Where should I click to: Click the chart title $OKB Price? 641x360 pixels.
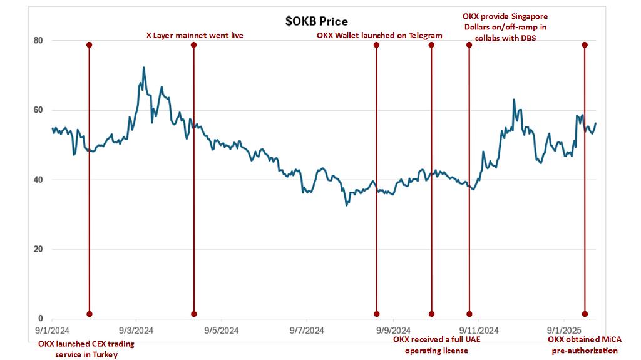click(x=316, y=21)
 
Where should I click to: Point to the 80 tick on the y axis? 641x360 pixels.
click(x=38, y=41)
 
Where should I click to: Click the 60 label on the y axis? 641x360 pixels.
click(x=38, y=110)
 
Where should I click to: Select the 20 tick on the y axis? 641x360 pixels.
click(x=38, y=249)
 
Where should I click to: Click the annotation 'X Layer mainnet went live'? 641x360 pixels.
click(x=190, y=36)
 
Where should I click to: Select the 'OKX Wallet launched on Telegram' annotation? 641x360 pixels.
click(x=379, y=36)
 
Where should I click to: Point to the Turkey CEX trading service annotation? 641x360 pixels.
click(x=86, y=349)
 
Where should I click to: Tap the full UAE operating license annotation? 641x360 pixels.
click(x=431, y=345)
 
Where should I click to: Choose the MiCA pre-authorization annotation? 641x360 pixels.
click(x=585, y=345)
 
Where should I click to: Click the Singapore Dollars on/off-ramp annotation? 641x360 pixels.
click(x=505, y=26)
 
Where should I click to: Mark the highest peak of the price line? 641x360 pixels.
click(x=144, y=68)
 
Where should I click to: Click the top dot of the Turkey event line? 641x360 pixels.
click(x=89, y=45)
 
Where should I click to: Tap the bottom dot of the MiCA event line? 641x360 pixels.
click(x=585, y=314)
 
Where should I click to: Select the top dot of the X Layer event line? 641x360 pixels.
click(x=193, y=45)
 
